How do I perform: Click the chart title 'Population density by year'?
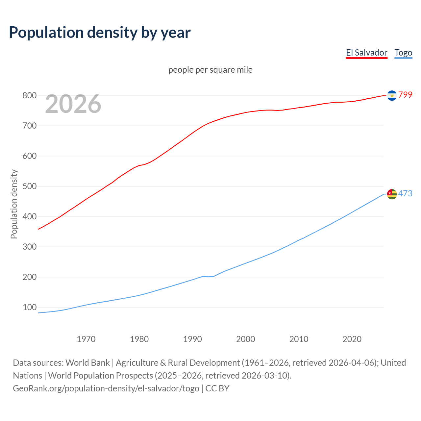tap(100, 33)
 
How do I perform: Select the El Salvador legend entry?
tap(366, 53)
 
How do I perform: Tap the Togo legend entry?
tap(403, 53)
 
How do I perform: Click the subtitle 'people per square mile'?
tap(210, 70)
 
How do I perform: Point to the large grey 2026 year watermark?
tap(73, 104)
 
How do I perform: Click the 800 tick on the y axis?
tap(29, 96)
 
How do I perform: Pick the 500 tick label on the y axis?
tap(29, 186)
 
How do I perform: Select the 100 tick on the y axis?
tap(29, 308)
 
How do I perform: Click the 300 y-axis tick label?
tap(29, 247)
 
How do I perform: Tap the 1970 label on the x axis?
tap(86, 339)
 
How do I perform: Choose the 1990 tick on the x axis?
tap(192, 339)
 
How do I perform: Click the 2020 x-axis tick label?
tap(352, 339)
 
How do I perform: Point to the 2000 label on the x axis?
tap(246, 339)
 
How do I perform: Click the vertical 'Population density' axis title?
tap(14, 204)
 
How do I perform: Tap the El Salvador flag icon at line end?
tap(392, 95)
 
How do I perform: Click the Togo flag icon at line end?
tap(392, 194)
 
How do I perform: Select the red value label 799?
tap(405, 95)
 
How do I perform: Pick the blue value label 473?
tap(405, 194)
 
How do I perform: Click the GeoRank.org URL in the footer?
tap(106, 388)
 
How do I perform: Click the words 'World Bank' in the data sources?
tap(87, 363)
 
